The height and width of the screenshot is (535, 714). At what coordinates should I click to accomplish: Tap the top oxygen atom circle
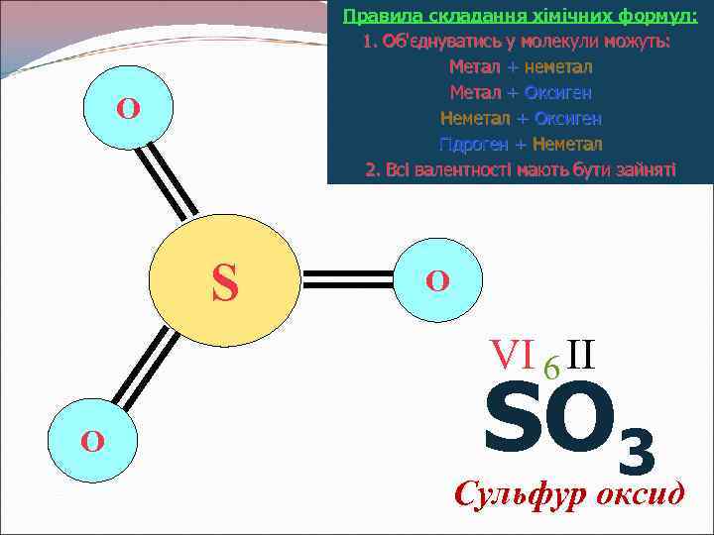coord(128,108)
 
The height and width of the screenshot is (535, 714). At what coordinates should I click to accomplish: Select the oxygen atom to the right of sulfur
coord(437,279)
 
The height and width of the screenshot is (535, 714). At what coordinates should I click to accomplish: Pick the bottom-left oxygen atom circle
coord(92,440)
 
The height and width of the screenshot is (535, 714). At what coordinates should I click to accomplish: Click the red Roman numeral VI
coord(513,354)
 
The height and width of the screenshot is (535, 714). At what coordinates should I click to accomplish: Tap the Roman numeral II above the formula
coord(582,353)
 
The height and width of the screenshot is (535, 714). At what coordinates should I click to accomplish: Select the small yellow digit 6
coord(551,368)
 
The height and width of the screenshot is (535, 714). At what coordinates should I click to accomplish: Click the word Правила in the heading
coord(373,17)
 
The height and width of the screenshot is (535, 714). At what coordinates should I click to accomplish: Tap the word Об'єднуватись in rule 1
coord(431,42)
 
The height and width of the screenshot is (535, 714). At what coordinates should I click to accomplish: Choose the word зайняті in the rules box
coord(645,169)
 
